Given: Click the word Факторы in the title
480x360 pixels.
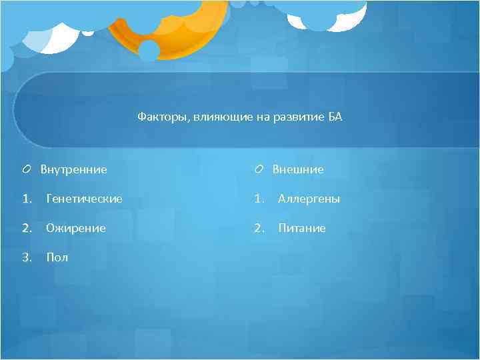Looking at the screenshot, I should [x=161, y=117].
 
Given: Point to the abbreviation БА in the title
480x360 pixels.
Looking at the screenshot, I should [x=335, y=117].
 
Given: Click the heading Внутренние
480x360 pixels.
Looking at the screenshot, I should [x=73, y=169].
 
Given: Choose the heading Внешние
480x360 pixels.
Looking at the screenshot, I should [x=298, y=169].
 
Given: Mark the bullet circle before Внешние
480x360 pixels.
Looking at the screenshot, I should [x=257, y=169].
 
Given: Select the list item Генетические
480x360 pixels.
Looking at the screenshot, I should [x=84, y=199].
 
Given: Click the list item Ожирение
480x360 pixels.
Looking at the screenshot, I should [x=75, y=228].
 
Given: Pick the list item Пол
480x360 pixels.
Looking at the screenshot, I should [x=57, y=257].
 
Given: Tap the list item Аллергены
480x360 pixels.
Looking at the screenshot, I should [x=309, y=199].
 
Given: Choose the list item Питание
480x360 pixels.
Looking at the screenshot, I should [x=301, y=228].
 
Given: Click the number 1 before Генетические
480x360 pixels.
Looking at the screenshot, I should [x=25, y=199].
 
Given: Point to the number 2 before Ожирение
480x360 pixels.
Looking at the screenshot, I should [x=25, y=228].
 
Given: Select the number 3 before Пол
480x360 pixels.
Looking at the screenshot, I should [x=25, y=257].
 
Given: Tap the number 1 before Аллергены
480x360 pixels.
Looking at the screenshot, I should [x=258, y=199].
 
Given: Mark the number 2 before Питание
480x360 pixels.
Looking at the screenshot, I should [x=258, y=228].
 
